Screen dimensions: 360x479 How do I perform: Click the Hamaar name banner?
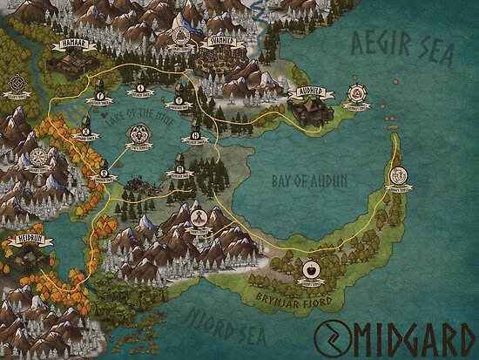pyautogui.click(x=70, y=41)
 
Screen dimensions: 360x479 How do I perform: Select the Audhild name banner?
pyautogui.click(x=311, y=89)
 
